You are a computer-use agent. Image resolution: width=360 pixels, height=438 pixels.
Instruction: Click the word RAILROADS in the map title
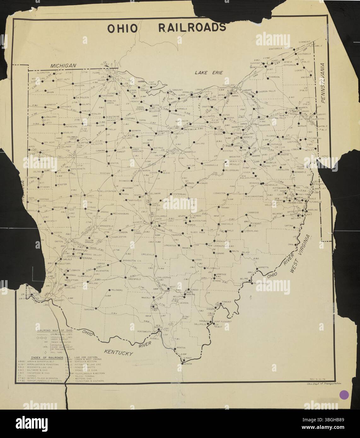[192, 28]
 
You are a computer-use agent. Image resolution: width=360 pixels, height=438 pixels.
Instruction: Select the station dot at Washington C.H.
[120, 261]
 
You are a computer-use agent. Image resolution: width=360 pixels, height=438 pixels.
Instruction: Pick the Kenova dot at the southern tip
[183, 364]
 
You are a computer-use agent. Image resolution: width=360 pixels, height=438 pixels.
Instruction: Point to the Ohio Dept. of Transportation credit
[324, 383]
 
